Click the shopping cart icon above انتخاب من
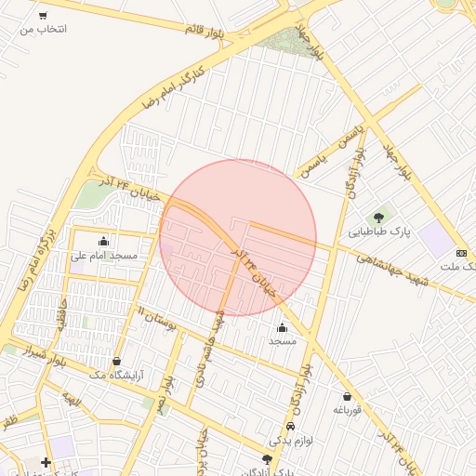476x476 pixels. coord(43,15)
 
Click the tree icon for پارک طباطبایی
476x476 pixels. coord(380,216)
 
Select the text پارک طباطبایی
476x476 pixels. coord(379,231)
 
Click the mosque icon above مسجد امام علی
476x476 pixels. coord(103,241)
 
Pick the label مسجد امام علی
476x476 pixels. coord(104,255)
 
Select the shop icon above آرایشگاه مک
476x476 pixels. coord(116,360)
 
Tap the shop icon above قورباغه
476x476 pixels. coord(341,394)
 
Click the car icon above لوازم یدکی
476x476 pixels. coord(290,426)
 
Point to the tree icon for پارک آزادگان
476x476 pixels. coord(268,459)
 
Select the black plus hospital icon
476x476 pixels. coord(46,462)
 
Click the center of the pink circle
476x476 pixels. coord(238,237)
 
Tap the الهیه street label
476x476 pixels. coord(72,401)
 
